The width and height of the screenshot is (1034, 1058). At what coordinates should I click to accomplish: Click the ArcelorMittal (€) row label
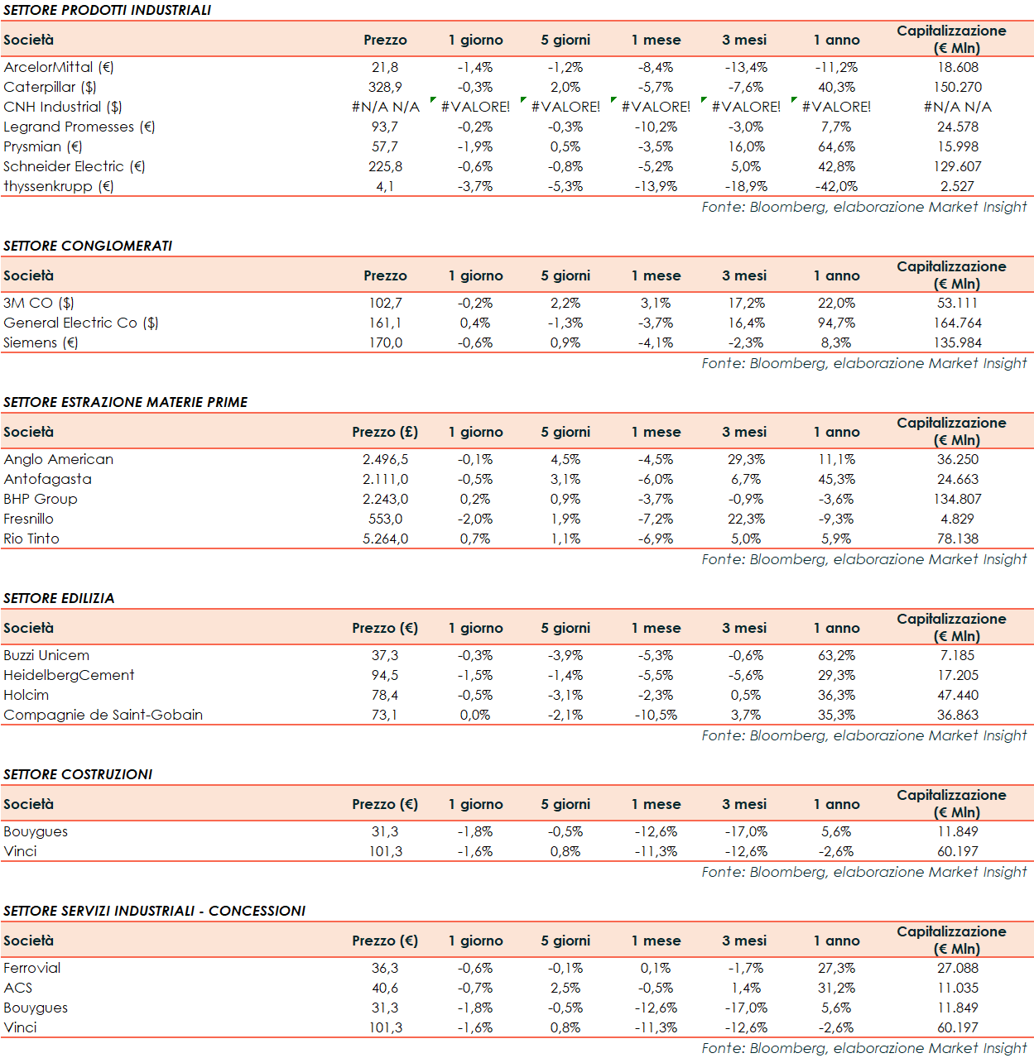pyautogui.click(x=59, y=67)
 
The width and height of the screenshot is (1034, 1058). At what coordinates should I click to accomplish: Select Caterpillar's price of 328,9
pyautogui.click(x=385, y=87)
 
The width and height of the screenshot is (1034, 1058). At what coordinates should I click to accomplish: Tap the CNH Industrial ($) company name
pyautogui.click(x=63, y=107)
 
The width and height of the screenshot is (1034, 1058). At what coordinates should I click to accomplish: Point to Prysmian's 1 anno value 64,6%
pyautogui.click(x=836, y=146)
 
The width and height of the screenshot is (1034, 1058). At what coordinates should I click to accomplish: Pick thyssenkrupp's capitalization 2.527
pyautogui.click(x=957, y=186)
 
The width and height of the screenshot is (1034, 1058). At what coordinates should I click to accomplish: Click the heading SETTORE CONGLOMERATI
pyautogui.click(x=88, y=246)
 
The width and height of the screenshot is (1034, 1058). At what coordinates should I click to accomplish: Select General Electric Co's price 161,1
pyautogui.click(x=385, y=323)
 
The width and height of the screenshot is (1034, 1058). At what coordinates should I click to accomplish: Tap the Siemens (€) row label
pyautogui.click(x=41, y=342)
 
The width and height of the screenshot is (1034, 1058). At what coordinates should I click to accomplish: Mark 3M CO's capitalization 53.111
pyautogui.click(x=957, y=303)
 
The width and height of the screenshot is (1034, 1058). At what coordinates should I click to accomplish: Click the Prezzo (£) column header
pyautogui.click(x=385, y=432)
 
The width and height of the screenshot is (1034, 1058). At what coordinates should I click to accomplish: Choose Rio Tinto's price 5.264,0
pyautogui.click(x=385, y=539)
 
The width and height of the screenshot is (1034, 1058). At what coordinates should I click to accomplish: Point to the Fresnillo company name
pyautogui.click(x=29, y=519)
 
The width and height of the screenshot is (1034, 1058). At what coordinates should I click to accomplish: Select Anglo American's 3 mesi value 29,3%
pyautogui.click(x=746, y=459)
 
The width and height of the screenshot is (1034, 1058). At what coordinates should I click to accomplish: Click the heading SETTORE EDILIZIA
pyautogui.click(x=59, y=598)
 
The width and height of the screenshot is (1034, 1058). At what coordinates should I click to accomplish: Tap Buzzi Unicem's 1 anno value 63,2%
pyautogui.click(x=836, y=655)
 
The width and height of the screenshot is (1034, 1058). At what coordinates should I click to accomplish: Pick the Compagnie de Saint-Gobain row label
pyautogui.click(x=103, y=715)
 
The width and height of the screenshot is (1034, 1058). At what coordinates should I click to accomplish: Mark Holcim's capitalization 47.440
pyautogui.click(x=957, y=695)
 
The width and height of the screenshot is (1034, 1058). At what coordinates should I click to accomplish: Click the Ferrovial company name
pyautogui.click(x=32, y=968)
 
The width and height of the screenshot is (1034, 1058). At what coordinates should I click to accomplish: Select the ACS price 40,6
pyautogui.click(x=385, y=988)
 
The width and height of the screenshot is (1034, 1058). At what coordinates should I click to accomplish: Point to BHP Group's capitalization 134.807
pyautogui.click(x=957, y=499)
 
